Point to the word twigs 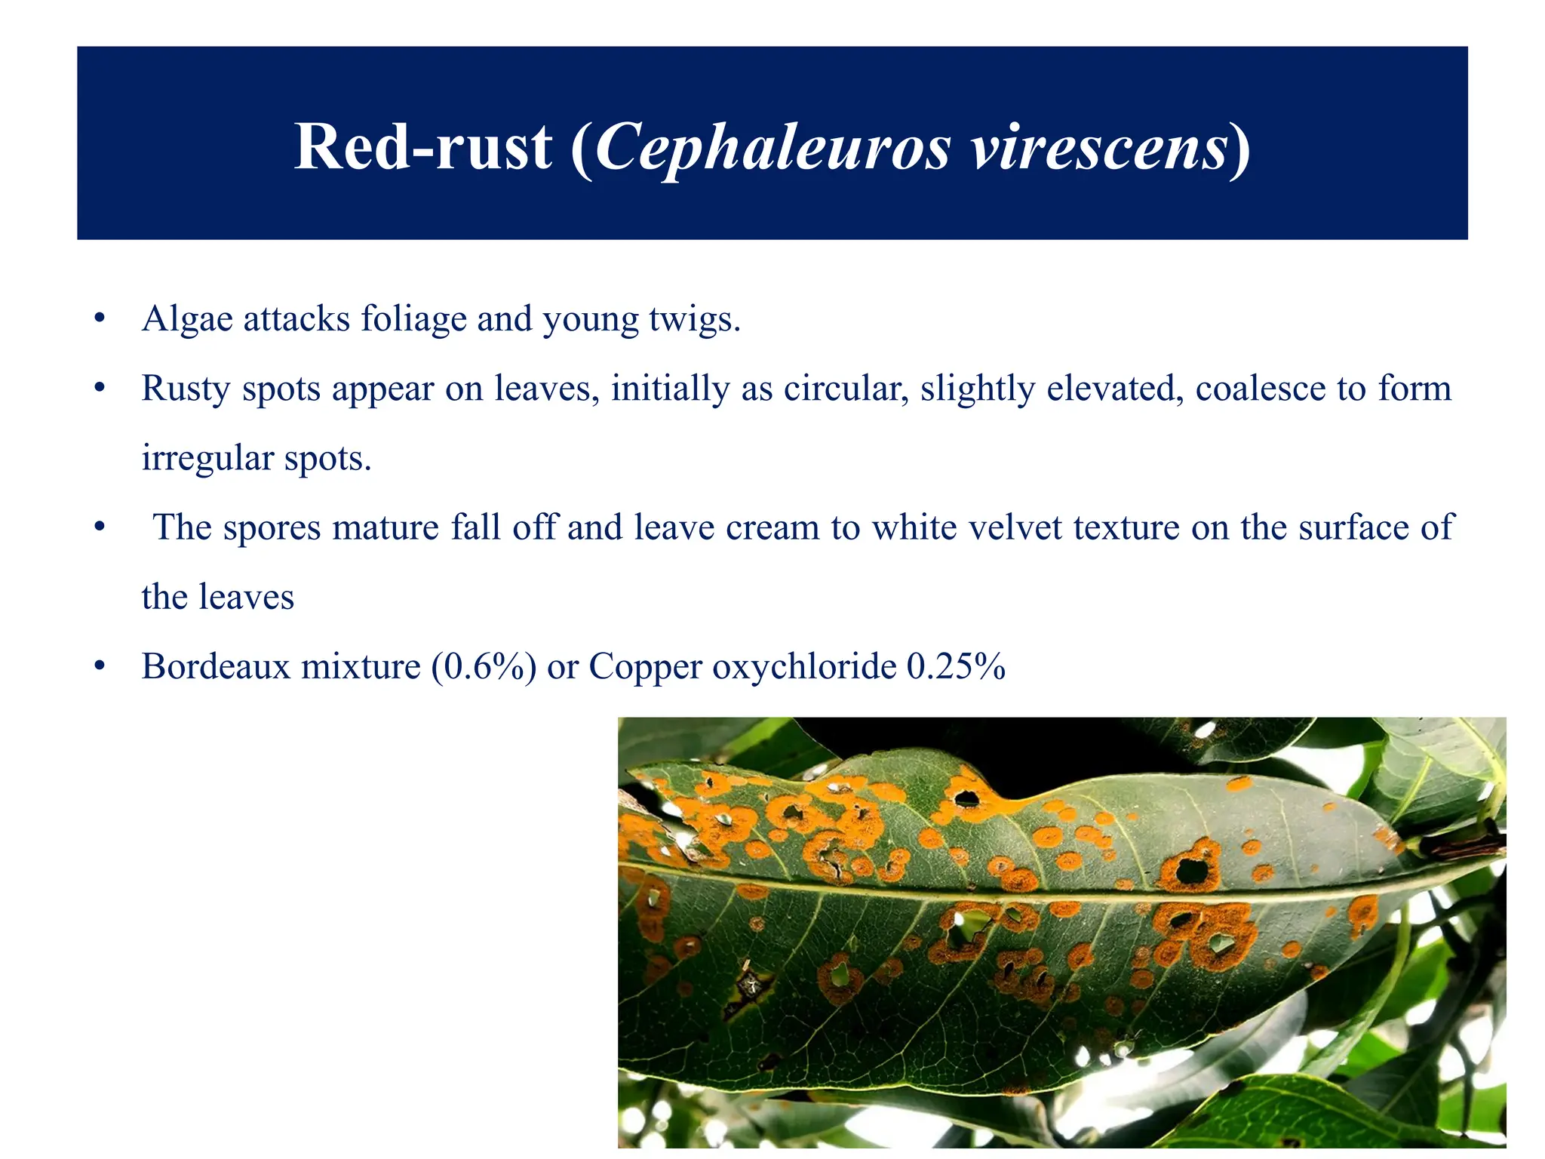coord(693,320)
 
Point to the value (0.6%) coord(484,666)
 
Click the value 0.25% coord(956,666)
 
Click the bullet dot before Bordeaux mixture coord(99,666)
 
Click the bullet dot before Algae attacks coord(99,318)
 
